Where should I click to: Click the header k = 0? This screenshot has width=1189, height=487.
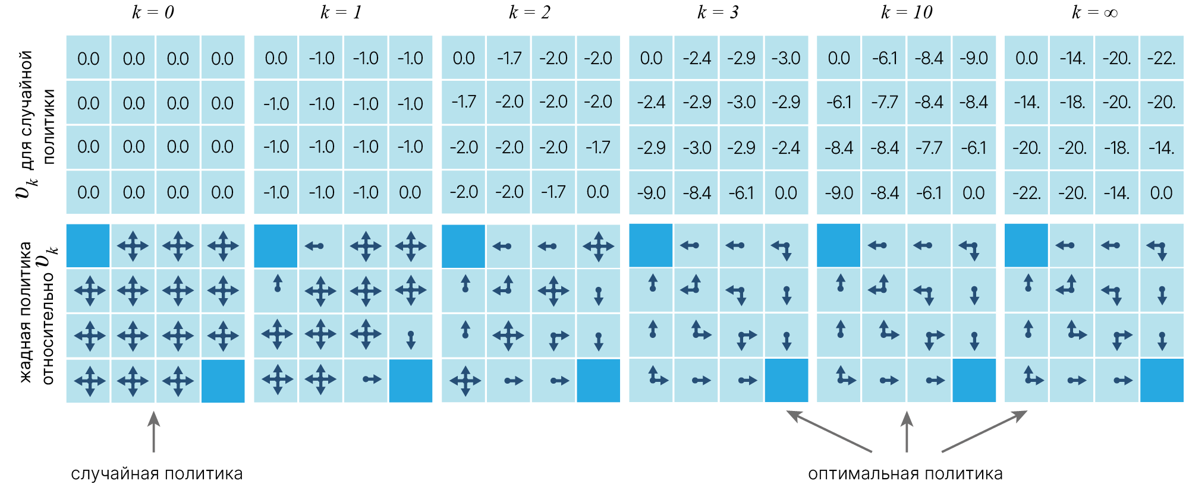(153, 12)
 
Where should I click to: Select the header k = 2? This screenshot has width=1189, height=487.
(530, 12)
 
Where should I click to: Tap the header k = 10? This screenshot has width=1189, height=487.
(907, 12)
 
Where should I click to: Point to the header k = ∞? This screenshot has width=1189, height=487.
(1094, 12)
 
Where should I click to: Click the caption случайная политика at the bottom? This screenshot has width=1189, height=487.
(156, 474)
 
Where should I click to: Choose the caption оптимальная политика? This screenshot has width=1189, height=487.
(905, 474)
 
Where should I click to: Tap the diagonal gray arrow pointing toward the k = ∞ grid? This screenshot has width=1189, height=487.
(984, 431)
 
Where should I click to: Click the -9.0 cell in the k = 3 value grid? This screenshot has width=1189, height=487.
(651, 193)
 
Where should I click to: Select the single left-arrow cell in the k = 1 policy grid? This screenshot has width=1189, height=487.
(321, 246)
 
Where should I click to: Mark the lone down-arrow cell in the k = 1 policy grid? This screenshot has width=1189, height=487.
(410, 336)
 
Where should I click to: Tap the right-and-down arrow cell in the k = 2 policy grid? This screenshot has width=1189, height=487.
(553, 336)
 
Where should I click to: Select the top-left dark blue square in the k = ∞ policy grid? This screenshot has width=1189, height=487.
(1026, 246)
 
